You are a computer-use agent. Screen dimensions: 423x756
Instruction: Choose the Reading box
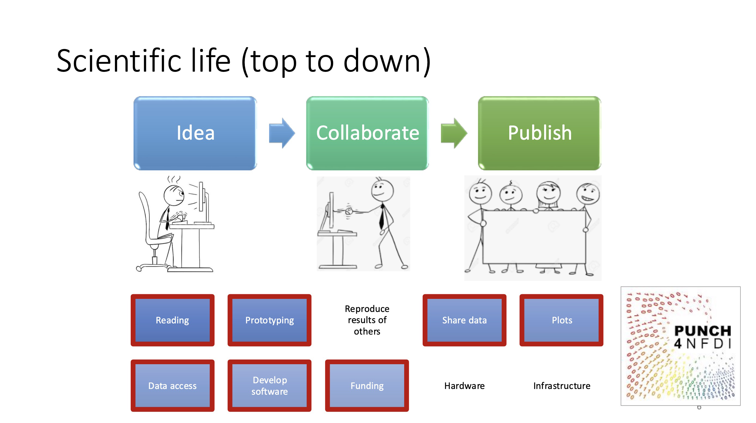[x=172, y=320]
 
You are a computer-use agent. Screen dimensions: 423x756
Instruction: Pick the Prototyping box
[x=269, y=320]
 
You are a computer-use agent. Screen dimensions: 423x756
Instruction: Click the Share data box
[x=464, y=320]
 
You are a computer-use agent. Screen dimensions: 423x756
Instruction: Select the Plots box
[x=562, y=320]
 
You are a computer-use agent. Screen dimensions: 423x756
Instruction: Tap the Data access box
[x=172, y=385]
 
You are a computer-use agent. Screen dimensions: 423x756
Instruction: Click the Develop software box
[x=269, y=385]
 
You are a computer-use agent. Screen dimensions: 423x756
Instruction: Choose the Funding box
[x=367, y=385]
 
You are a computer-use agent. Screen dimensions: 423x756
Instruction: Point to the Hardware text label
[x=464, y=386]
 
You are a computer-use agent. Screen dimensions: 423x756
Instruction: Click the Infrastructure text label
[x=562, y=386]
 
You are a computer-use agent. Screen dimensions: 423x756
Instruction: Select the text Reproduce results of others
[x=367, y=320]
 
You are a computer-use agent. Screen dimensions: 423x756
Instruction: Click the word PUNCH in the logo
[x=702, y=331]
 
